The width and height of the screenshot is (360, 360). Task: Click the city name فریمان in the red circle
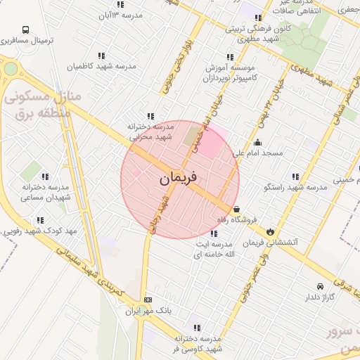[179, 179]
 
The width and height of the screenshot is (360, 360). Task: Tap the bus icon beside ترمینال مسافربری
[26, 30]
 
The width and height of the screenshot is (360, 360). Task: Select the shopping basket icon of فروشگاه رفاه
[236, 210]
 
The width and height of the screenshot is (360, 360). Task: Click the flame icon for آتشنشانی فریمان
[270, 231]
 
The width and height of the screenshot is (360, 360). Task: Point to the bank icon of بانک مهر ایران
[147, 300]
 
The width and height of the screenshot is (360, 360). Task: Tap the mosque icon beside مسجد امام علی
[258, 142]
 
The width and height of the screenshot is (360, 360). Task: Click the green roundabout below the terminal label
[10, 69]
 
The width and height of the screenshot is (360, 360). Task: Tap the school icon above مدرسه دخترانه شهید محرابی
[150, 116]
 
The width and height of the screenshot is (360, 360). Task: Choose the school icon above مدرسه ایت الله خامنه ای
[214, 233]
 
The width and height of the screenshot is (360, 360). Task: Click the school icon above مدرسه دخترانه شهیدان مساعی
[45, 176]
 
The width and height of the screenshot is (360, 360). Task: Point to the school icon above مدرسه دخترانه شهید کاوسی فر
[196, 328]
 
